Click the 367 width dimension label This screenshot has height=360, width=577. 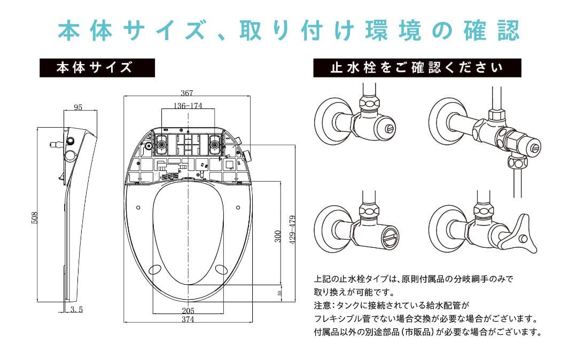tap(186, 93)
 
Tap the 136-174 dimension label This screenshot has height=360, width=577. tap(188, 106)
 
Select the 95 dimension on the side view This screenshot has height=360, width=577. tap(78, 107)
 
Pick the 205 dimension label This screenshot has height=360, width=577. tap(188, 311)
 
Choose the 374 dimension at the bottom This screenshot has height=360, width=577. tap(188, 320)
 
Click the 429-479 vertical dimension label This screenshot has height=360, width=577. tap(292, 230)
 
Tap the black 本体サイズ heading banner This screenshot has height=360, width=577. tap(97, 68)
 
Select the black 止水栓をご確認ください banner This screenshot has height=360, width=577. tap(417, 68)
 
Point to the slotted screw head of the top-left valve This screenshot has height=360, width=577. tap(389, 128)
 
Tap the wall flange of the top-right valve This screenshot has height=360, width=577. tap(441, 117)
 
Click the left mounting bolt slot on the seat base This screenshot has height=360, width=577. tap(161, 144)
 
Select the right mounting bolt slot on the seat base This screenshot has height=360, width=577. tap(215, 144)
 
